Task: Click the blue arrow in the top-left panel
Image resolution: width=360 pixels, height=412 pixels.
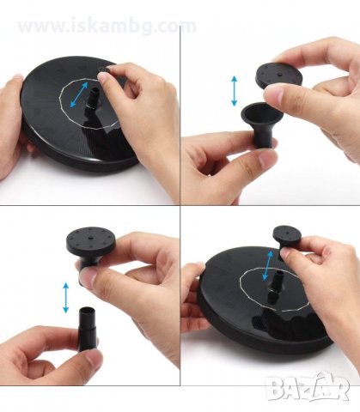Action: [79, 94]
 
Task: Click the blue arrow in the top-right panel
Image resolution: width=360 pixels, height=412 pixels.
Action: [235, 91]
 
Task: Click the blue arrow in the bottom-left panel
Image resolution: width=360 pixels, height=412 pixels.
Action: [66, 298]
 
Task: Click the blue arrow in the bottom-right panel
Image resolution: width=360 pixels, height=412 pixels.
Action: [268, 266]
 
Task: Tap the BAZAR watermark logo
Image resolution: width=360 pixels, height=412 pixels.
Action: [308, 388]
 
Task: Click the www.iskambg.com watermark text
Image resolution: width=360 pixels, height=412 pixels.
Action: [107, 26]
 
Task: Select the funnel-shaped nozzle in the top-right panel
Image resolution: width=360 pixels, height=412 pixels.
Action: [262, 124]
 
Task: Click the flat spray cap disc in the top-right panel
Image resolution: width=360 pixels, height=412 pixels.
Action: [278, 76]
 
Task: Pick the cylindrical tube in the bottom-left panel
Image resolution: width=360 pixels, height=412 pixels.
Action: [87, 329]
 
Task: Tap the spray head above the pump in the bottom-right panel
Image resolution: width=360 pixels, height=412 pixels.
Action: [287, 238]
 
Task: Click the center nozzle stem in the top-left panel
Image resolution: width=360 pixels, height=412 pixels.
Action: [94, 98]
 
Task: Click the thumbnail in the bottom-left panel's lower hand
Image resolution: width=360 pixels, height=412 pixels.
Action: [95, 359]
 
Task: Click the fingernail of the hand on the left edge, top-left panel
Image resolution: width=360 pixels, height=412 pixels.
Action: [17, 76]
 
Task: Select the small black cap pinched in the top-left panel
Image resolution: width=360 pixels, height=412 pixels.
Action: [104, 70]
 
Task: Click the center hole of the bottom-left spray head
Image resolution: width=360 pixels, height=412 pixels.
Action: [90, 238]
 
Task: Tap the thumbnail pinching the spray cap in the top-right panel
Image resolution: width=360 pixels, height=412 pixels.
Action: [273, 94]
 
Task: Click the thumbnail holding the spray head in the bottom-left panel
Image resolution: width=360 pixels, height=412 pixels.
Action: [88, 278]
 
